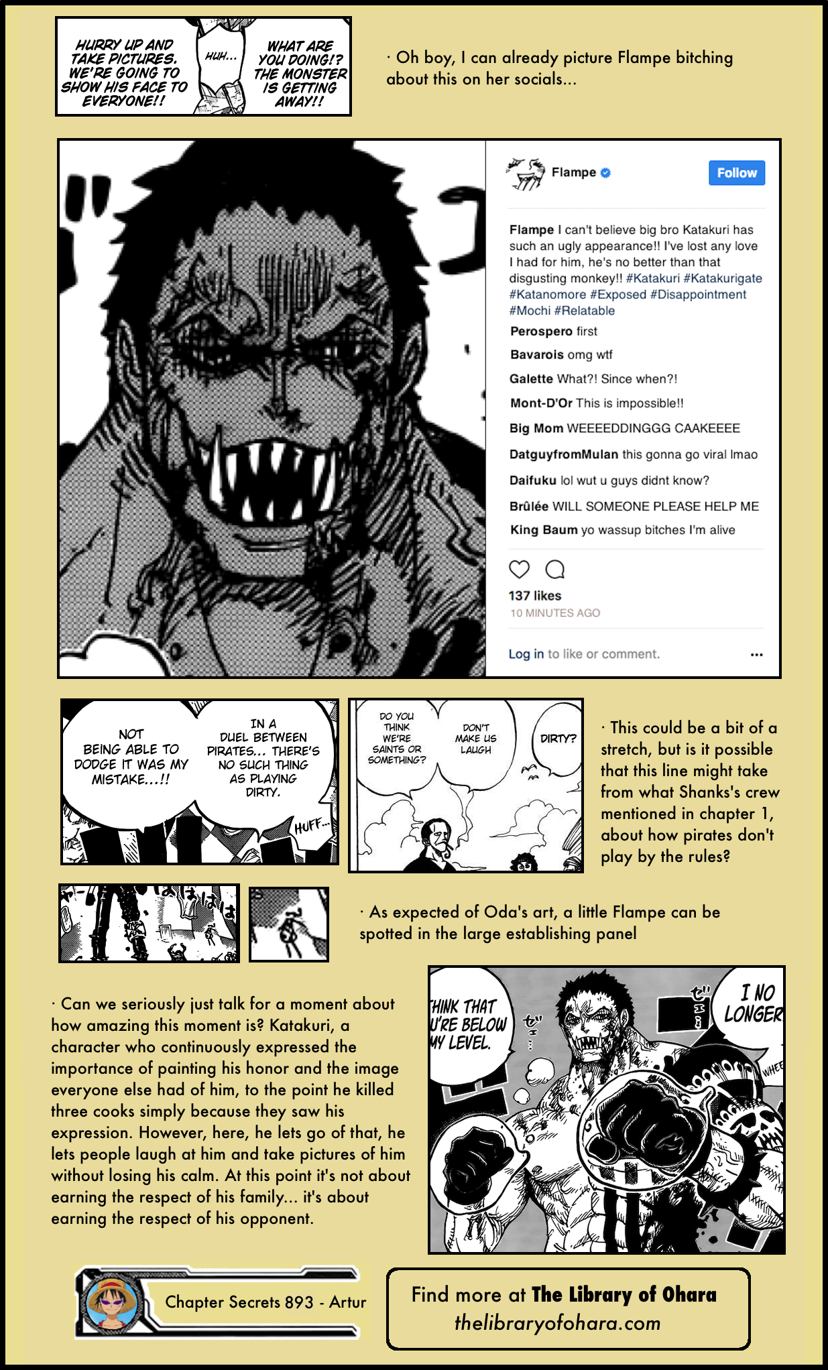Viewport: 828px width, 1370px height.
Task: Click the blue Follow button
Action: [736, 173]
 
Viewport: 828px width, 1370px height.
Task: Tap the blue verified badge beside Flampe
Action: [605, 172]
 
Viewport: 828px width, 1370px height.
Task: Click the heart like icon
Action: [519, 570]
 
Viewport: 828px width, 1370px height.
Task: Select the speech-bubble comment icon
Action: [554, 570]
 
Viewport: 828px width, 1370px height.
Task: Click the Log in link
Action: [526, 654]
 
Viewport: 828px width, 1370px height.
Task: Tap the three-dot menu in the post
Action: [756, 655]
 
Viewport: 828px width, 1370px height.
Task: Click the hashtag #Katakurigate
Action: [723, 278]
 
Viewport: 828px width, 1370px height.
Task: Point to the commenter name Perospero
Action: [541, 331]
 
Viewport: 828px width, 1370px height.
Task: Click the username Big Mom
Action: [536, 428]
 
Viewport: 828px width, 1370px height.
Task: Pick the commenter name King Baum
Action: [544, 530]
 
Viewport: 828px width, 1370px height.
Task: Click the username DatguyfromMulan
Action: [564, 454]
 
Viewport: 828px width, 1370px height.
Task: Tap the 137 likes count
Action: [534, 596]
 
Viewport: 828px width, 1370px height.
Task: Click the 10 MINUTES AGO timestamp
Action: [555, 613]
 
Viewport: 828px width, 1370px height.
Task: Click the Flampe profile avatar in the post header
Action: [526, 174]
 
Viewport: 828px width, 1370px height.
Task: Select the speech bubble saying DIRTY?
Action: [558, 739]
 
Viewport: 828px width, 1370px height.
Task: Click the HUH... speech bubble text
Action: [221, 57]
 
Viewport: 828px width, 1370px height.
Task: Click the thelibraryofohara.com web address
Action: [557, 1322]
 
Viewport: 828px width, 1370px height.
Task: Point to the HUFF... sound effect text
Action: [311, 826]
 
